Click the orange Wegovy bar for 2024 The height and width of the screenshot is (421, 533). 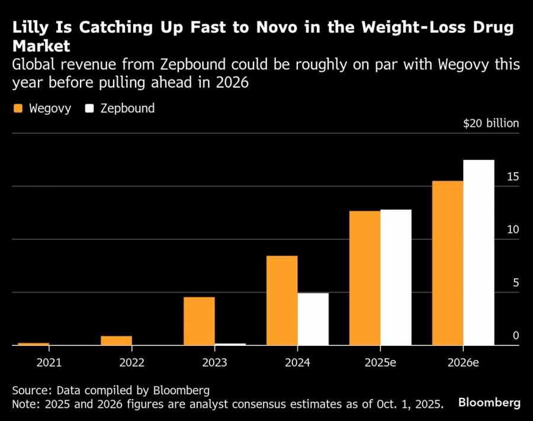[x=282, y=300]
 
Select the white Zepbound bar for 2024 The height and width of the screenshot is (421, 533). [x=313, y=319]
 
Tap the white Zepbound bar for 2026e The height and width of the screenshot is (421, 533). [x=479, y=252]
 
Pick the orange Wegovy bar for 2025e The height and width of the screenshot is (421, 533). [x=365, y=278]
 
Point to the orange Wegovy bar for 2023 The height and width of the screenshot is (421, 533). [x=199, y=320]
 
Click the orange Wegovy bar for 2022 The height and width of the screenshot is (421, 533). [x=116, y=340]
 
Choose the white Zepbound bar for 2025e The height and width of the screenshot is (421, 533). [x=396, y=277]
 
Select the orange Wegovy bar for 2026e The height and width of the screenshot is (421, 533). [x=448, y=263]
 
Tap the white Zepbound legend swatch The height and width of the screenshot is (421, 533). [x=90, y=108]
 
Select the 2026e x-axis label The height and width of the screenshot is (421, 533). [x=463, y=362]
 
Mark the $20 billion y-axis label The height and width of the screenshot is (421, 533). [x=491, y=123]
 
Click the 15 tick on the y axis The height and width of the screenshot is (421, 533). [x=513, y=176]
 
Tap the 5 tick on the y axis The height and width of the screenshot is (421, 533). [x=516, y=282]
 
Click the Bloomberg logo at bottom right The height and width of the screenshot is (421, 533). [x=490, y=403]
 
